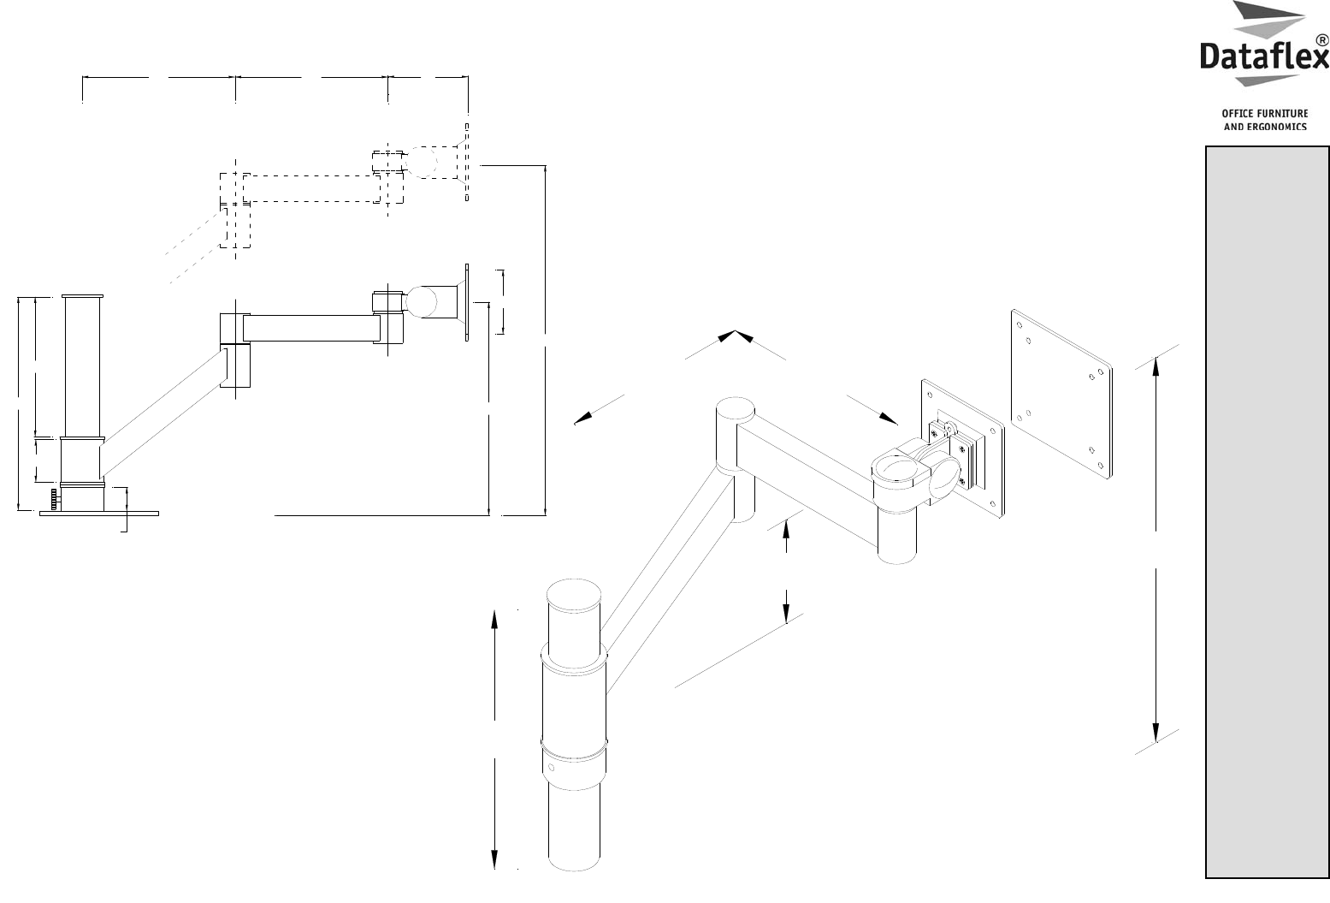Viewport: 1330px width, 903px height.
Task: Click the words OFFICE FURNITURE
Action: point(1265,114)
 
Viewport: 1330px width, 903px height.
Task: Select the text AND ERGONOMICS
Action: point(1265,127)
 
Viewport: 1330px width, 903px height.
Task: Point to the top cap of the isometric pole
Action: point(575,592)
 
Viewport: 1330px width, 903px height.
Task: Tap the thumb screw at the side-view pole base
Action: point(54,497)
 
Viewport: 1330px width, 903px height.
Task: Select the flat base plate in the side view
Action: point(99,514)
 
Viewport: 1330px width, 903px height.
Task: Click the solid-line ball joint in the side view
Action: point(421,302)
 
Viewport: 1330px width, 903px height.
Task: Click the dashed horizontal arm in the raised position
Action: point(311,188)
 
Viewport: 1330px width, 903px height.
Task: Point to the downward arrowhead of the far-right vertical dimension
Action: point(1156,734)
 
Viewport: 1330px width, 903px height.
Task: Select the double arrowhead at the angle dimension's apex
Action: point(735,336)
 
